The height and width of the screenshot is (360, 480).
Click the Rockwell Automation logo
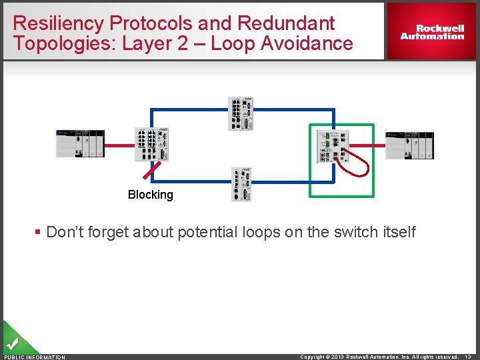coord(432,32)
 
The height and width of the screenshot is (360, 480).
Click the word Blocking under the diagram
coord(150,195)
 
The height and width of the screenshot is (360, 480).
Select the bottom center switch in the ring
coord(241,184)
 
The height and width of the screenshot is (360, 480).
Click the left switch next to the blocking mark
coord(152,144)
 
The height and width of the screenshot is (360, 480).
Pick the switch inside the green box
coord(332,146)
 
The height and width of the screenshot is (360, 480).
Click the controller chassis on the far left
coord(80,143)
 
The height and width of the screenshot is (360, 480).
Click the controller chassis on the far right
coord(410,145)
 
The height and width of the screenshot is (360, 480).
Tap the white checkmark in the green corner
coord(11,345)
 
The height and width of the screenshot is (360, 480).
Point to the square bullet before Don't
coord(38,232)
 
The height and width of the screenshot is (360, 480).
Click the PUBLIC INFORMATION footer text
coord(35,357)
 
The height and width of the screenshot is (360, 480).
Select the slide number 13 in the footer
coord(470,357)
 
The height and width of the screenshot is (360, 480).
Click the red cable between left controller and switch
coord(120,145)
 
